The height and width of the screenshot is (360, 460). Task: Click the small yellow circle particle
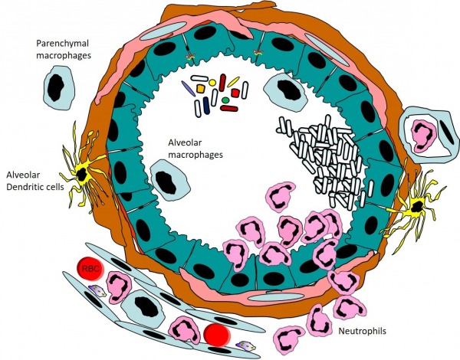[x=212, y=82]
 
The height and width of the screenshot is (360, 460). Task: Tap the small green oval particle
[x=225, y=99]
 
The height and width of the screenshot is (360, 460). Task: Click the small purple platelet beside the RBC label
[x=96, y=290]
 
